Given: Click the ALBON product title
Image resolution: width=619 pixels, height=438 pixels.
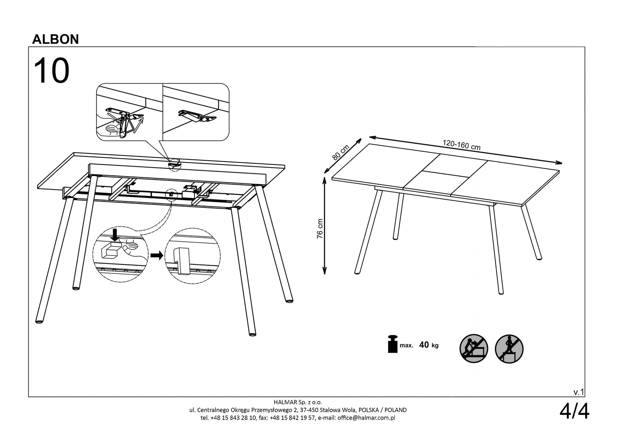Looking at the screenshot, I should pyautogui.click(x=56, y=39).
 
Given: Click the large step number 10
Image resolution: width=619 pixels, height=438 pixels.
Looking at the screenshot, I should pyautogui.click(x=51, y=71).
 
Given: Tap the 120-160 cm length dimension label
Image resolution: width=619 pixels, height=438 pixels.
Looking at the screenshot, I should pyautogui.click(x=461, y=145).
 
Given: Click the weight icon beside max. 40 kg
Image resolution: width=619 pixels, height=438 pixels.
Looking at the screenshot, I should pyautogui.click(x=392, y=345).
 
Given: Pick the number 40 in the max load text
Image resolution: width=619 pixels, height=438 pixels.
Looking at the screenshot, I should pyautogui.click(x=424, y=345).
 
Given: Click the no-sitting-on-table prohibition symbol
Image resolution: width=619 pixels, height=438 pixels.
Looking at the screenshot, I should pyautogui.click(x=473, y=348).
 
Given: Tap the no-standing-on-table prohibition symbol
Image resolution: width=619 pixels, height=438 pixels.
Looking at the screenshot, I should pyautogui.click(x=509, y=348).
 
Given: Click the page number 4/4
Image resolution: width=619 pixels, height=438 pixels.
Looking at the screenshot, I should pyautogui.click(x=574, y=412).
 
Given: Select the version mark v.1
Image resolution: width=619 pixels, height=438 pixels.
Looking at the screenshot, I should pyautogui.click(x=579, y=392).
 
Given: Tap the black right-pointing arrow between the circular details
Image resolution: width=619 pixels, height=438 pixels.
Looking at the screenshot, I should pyautogui.click(x=156, y=256).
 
